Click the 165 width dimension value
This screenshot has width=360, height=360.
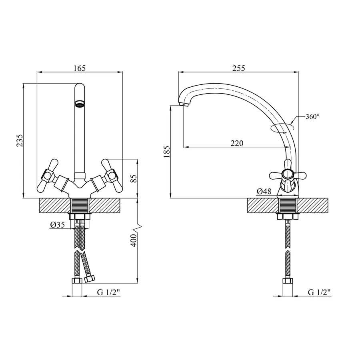point(80,68)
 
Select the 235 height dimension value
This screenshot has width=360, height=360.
point(20,140)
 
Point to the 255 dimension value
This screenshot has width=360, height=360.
point(239,68)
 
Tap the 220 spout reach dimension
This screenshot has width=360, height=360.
point(237,143)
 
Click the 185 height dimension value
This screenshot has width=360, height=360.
point(167,152)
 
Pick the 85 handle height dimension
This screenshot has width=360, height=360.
point(134,178)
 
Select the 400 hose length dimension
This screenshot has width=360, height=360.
point(134,240)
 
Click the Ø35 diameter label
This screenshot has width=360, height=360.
point(57,225)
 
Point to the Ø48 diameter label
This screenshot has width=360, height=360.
point(264,191)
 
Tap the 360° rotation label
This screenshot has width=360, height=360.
point(312,117)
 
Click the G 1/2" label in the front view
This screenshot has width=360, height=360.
point(108,292)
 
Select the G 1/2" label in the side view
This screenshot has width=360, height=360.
point(319,292)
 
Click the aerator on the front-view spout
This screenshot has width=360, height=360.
point(80,104)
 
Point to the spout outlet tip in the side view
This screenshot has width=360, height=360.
point(184,105)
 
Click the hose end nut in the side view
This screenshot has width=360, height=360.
point(288,280)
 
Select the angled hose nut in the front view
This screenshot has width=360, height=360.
point(90,279)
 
